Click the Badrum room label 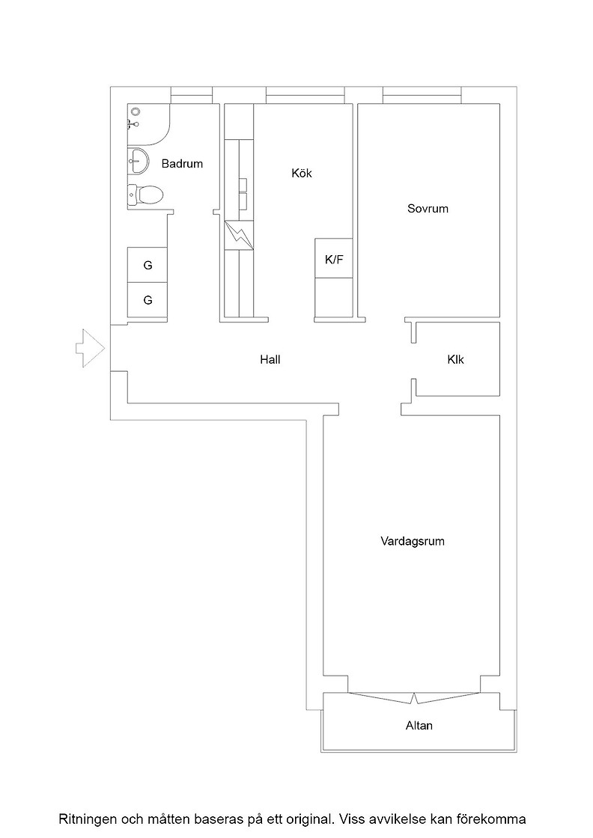click(182, 164)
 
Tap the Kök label click(302, 173)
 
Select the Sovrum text click(428, 209)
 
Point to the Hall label click(270, 360)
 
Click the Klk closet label click(455, 360)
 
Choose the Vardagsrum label click(413, 541)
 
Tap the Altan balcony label click(419, 726)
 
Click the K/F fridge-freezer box click(334, 258)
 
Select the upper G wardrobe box click(147, 265)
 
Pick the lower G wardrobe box click(147, 300)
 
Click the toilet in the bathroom click(145, 194)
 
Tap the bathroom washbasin click(138, 160)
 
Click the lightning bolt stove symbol click(239, 235)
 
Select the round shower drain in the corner click(136, 111)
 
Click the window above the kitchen click(305, 95)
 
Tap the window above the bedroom click(422, 95)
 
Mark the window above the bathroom click(192, 95)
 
